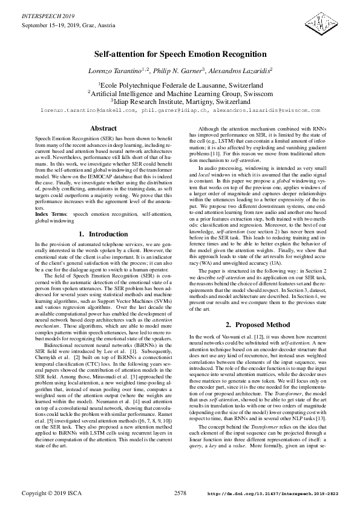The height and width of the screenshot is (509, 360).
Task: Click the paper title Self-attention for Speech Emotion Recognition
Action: click(180, 54)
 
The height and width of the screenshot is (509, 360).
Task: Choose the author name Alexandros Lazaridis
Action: click(240, 71)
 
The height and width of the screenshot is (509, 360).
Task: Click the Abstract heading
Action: click(99, 129)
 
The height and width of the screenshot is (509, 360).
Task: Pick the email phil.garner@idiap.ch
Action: click(175, 110)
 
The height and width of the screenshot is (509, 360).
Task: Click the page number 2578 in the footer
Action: click(180, 493)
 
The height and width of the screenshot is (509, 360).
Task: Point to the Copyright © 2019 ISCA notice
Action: click(47, 494)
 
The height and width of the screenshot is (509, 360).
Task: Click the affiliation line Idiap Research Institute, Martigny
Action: click(180, 102)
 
